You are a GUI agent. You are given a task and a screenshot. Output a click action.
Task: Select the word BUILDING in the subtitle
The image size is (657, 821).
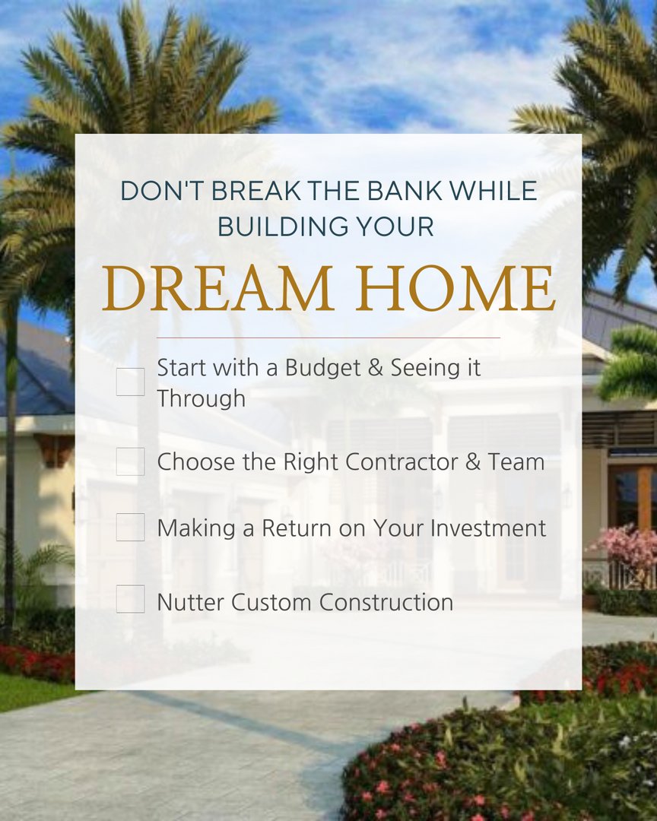tap(278, 227)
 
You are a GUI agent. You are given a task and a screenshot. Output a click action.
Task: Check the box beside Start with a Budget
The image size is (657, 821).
tap(130, 382)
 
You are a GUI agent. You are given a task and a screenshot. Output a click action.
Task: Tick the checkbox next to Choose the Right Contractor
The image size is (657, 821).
tap(130, 461)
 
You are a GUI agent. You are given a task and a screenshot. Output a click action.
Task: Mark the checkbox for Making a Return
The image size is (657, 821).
tap(130, 527)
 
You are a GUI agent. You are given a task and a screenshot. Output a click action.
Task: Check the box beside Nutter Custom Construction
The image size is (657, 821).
tap(130, 599)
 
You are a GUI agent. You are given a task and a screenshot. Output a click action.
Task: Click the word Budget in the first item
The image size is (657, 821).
tap(322, 369)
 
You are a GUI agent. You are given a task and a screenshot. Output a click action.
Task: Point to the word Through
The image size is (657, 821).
tap(201, 398)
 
